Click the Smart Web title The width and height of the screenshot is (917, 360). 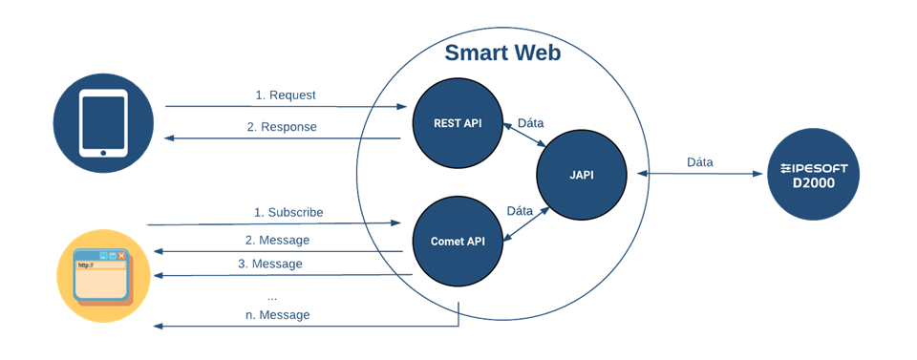tap(502, 53)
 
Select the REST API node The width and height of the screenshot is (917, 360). tap(458, 124)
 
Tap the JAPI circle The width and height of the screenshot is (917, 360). tap(582, 175)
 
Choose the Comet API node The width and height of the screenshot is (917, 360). tap(458, 241)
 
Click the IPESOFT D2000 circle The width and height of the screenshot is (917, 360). tap(813, 175)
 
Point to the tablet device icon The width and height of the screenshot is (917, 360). tap(103, 123)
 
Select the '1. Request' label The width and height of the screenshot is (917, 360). tap(286, 95)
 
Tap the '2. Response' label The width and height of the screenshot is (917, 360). tap(281, 127)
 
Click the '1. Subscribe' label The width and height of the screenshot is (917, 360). tap(288, 213)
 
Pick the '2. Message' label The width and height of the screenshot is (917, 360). tap(277, 241)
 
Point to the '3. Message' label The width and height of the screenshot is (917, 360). tap(270, 265)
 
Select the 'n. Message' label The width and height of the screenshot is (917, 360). tap(277, 315)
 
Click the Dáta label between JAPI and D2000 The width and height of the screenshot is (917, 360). tap(700, 162)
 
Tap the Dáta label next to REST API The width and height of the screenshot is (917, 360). tap(531, 123)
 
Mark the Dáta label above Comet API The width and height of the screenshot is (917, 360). tap(520, 211)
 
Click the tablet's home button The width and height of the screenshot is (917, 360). tap(103, 153)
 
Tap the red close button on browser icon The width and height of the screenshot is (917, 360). tap(121, 255)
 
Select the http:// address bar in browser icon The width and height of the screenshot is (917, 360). tap(99, 265)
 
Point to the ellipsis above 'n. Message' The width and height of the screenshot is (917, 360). tap(271, 299)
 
